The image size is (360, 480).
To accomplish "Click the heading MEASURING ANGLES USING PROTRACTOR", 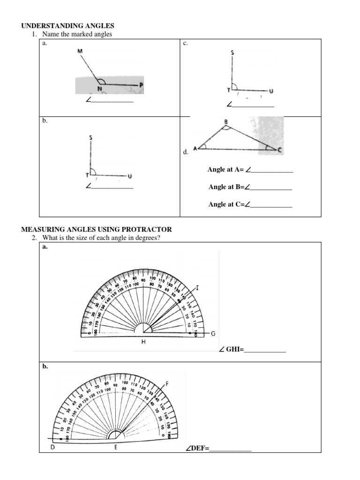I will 97,229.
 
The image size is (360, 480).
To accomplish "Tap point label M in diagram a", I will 80,51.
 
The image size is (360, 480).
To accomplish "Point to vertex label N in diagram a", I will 100,89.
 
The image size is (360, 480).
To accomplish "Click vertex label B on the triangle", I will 226,122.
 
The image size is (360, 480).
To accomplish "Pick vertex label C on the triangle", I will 279,150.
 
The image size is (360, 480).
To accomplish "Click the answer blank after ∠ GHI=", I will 265,350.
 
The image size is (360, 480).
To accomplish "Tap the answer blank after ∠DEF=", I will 230,449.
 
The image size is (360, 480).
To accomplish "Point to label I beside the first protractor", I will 197,288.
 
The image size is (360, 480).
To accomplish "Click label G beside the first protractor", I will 213,334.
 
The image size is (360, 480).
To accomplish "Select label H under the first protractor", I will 144,342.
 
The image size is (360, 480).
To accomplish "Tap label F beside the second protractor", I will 167,384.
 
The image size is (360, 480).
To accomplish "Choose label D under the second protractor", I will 52,447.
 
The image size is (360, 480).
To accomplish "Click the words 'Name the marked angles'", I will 77,34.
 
